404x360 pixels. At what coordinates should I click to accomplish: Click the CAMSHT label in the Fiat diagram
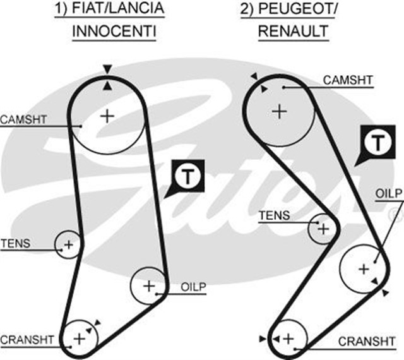(x=23, y=119)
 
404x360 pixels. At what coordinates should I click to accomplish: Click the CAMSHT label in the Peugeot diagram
(x=348, y=80)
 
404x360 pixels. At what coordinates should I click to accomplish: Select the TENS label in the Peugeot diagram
(x=275, y=215)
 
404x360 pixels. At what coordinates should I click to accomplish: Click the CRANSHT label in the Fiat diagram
(x=27, y=339)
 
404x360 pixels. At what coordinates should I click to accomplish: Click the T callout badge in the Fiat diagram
(x=188, y=177)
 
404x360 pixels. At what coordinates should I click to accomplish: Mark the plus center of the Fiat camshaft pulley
(x=108, y=116)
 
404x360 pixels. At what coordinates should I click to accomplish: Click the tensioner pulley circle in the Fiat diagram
(x=68, y=244)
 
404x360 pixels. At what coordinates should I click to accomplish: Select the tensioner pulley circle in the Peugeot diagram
(x=323, y=228)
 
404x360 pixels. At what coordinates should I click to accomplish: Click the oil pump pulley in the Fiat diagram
(x=148, y=287)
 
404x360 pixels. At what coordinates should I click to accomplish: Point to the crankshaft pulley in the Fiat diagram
(x=80, y=339)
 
